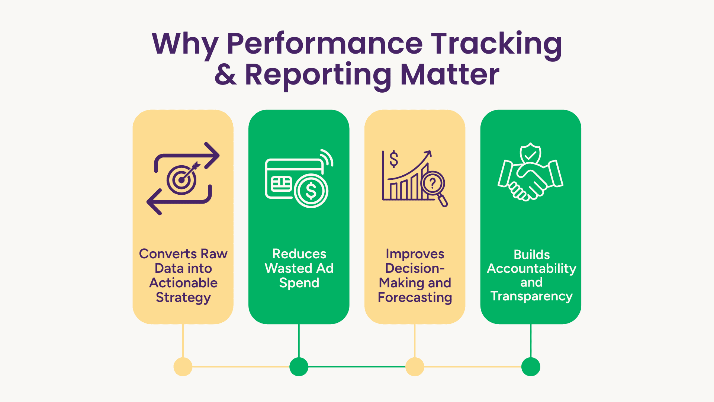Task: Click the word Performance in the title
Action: tap(325, 44)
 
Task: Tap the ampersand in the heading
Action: tap(226, 74)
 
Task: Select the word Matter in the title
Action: tap(450, 74)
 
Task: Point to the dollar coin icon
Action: tap(311, 191)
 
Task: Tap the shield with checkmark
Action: tap(530, 154)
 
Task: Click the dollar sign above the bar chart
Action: tap(394, 159)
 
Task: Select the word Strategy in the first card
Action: tap(183, 298)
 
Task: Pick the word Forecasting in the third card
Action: tap(415, 298)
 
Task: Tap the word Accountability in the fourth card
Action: tap(531, 269)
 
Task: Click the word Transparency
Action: tap(531, 296)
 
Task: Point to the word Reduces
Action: tap(299, 254)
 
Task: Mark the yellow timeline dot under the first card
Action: tap(183, 367)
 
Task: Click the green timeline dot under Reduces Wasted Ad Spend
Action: tap(299, 367)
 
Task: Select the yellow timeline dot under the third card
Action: tap(415, 367)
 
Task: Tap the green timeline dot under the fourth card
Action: tap(531, 367)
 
